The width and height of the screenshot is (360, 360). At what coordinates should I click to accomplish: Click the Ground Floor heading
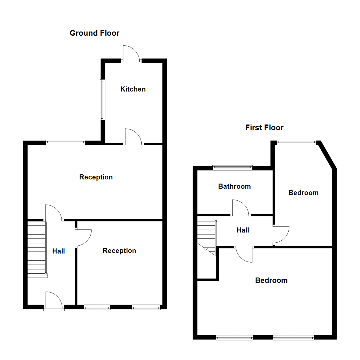click(x=94, y=33)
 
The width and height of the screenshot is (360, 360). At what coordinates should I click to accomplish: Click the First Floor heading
click(x=264, y=127)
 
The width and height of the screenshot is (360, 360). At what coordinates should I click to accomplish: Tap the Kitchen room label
click(x=133, y=89)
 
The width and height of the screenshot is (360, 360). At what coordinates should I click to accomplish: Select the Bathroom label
click(x=234, y=186)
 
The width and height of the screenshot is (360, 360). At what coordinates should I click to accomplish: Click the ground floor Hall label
click(x=59, y=251)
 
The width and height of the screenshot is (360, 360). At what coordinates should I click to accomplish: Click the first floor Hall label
click(x=243, y=230)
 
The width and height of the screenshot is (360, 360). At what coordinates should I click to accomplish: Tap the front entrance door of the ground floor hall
click(x=54, y=302)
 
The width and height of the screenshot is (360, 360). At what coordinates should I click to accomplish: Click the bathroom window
click(x=232, y=167)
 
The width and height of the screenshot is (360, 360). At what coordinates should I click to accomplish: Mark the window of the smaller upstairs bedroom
click(x=296, y=142)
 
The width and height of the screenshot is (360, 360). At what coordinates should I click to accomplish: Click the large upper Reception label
click(x=96, y=177)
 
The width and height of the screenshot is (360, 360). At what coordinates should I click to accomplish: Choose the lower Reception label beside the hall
click(x=119, y=251)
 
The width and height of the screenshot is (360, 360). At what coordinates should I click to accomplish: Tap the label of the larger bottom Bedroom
click(x=271, y=280)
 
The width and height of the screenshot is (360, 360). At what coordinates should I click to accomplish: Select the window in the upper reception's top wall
click(x=65, y=142)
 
